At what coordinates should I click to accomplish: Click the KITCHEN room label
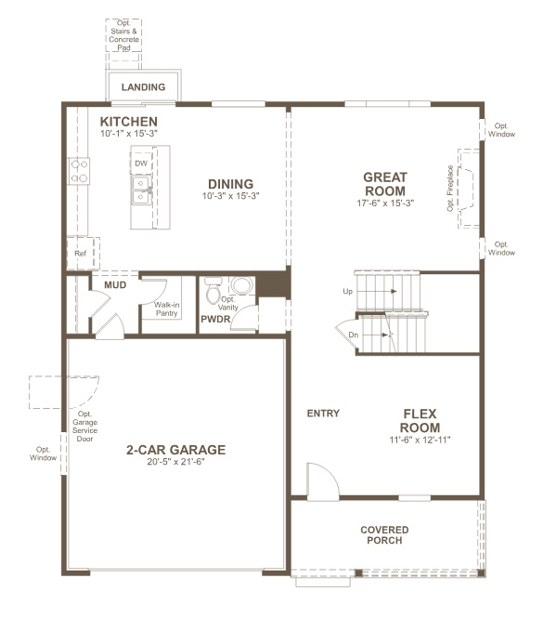pos(129,122)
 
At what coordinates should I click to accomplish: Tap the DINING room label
pos(230,184)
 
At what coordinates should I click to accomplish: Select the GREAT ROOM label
pos(384,183)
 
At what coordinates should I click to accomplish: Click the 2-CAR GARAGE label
pos(176,450)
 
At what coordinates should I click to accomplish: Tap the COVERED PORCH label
pos(384,535)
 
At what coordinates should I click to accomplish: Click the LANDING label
pos(143,88)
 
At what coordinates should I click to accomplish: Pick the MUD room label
pos(115,284)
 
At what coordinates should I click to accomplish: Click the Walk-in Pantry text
pos(167,309)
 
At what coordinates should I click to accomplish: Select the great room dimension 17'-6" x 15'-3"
pos(384,203)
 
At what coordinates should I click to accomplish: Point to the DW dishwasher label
pos(141,164)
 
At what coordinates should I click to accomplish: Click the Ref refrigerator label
pos(80,253)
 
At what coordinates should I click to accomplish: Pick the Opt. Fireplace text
pos(451,189)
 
